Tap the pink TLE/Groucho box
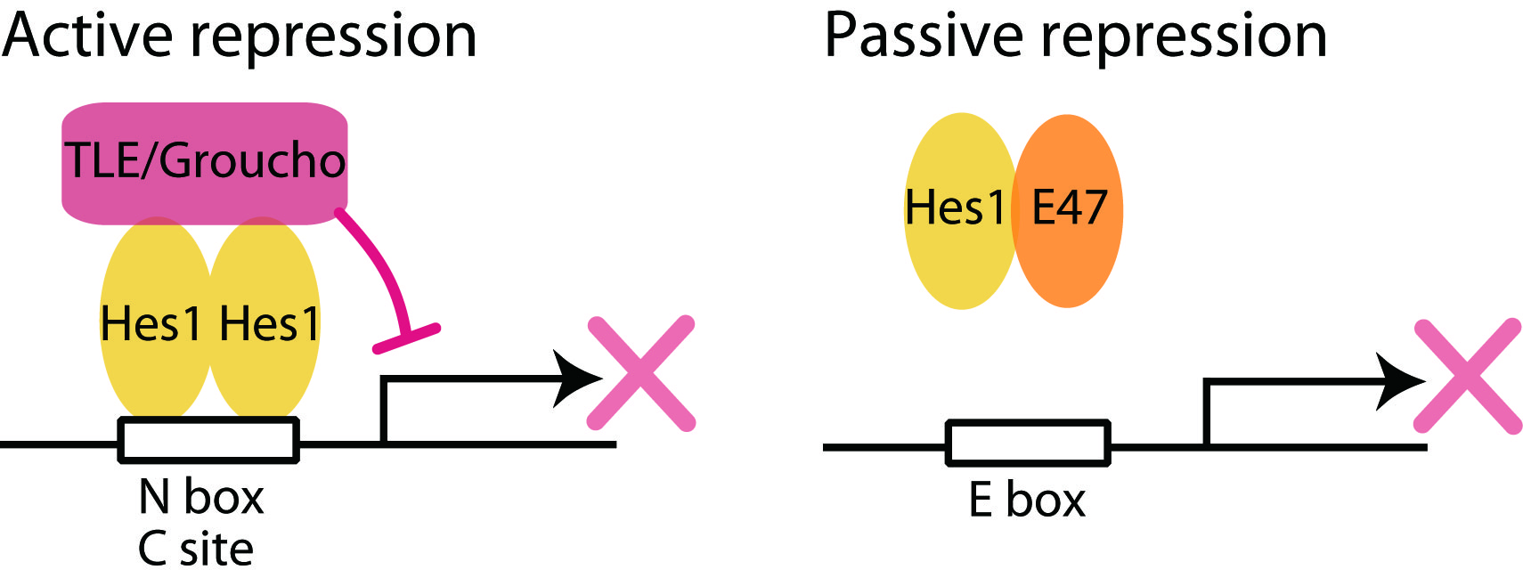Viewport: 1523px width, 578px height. (204, 161)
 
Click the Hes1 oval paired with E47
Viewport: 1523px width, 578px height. (957, 210)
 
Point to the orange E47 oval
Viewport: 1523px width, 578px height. (1069, 210)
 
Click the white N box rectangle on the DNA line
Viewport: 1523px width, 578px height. (208, 440)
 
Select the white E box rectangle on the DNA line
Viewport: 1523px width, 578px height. (1028, 443)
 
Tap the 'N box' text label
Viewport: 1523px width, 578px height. (201, 497)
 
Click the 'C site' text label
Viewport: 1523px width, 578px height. (196, 550)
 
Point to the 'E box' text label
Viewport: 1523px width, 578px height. (1027, 501)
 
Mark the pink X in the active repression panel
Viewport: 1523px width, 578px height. (641, 373)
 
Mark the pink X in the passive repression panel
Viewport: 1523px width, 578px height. (1468, 376)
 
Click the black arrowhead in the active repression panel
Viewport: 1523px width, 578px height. (576, 379)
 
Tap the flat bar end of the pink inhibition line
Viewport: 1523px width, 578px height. (406, 338)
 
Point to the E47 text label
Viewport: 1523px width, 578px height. (1069, 208)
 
